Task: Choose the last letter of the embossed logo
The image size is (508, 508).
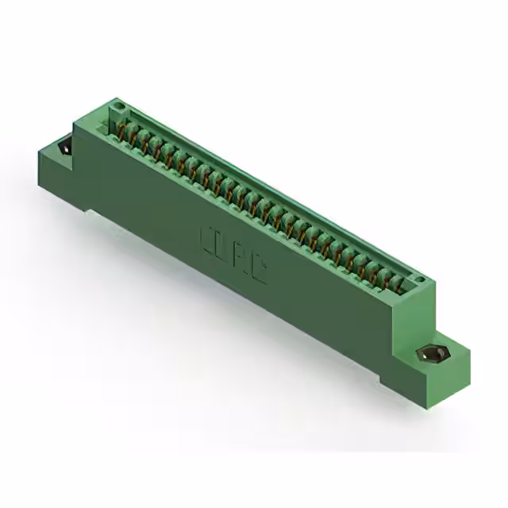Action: [258, 271]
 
